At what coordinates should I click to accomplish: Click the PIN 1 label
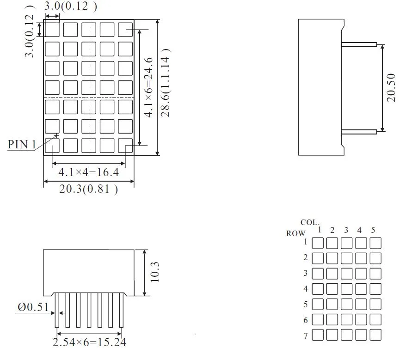[x=22, y=144]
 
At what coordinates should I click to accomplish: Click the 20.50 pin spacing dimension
[x=391, y=87]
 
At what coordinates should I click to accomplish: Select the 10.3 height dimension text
[x=155, y=272]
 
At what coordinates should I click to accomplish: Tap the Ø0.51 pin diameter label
[x=33, y=307]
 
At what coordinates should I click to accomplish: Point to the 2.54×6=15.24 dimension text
[x=89, y=342]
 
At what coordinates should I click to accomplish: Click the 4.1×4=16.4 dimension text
[x=89, y=172]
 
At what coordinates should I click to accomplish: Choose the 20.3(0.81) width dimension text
[x=88, y=189]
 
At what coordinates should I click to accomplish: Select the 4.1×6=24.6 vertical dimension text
[x=149, y=87]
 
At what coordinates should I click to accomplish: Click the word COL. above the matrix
[x=310, y=223]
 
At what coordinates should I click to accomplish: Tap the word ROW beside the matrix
[x=295, y=233]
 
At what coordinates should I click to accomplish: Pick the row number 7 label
[x=306, y=336]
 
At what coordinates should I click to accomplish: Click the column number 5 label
[x=373, y=230]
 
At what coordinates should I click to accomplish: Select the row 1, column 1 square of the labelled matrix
[x=318, y=243]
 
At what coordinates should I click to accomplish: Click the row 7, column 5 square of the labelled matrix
[x=375, y=335]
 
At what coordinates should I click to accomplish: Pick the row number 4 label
[x=306, y=289]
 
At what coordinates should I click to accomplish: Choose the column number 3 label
[x=346, y=230]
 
